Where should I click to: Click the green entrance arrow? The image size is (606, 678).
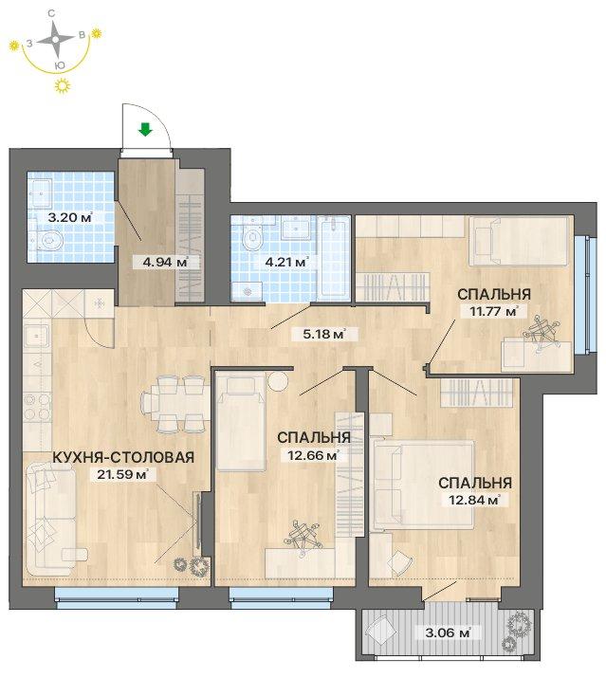tap(145, 129)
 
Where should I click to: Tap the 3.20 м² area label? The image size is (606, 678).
tap(70, 217)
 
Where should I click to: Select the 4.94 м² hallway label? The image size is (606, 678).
tap(166, 262)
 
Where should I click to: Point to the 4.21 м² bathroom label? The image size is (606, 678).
tap(286, 262)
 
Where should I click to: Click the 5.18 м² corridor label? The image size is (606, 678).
tap(324, 334)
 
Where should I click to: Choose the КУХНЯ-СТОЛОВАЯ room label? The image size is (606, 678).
tap(123, 457)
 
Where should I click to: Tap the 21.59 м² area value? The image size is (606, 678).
tap(123, 474)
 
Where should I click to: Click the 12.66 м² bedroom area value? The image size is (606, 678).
tap(314, 455)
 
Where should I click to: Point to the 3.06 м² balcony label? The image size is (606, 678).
tap(448, 633)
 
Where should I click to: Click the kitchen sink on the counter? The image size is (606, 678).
tap(37, 336)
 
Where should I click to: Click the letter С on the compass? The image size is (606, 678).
tap(51, 14)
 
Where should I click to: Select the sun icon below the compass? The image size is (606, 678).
tap(63, 86)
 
